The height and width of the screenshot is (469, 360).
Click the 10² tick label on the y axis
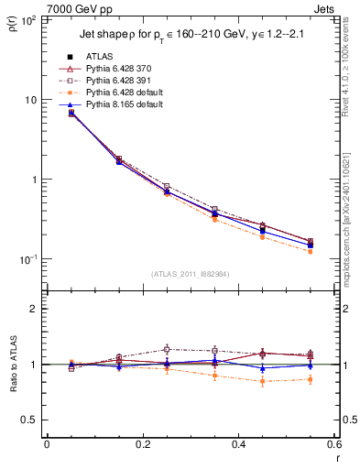30,19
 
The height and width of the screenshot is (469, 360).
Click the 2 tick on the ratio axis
35,309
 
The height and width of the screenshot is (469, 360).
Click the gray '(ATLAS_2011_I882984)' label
191,275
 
